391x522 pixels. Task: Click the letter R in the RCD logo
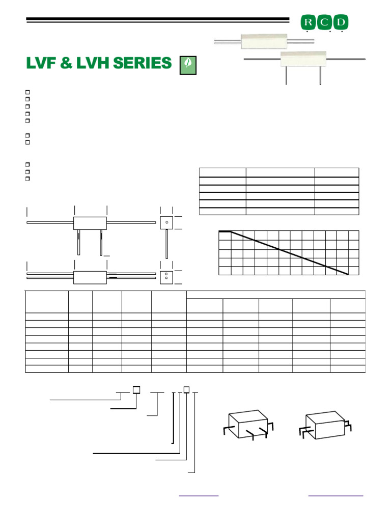pyautogui.click(x=308, y=22)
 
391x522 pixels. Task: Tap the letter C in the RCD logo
pyautogui.click(x=325, y=22)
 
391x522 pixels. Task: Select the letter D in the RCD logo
pyautogui.click(x=342, y=22)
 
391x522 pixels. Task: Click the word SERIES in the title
pyautogui.click(x=143, y=64)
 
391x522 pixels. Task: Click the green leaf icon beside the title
pyautogui.click(x=188, y=65)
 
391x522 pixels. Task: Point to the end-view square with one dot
pyautogui.click(x=166, y=222)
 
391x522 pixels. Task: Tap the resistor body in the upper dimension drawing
pyautogui.click(x=90, y=223)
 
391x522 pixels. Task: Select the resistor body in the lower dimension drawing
pyautogui.click(x=90, y=277)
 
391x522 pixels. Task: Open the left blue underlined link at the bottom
pyautogui.click(x=199, y=495)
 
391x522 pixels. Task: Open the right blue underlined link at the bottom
pyautogui.click(x=336, y=495)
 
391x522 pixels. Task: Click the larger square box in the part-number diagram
pyautogui.click(x=136, y=390)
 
